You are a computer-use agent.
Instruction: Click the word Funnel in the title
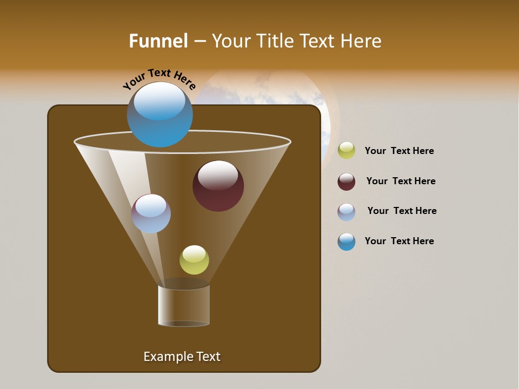(158, 41)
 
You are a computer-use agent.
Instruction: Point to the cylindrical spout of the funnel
(184, 306)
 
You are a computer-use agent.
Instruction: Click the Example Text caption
(182, 357)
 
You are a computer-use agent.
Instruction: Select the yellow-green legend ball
(347, 151)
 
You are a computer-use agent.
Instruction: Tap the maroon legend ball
(347, 182)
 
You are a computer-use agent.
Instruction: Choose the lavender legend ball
(347, 212)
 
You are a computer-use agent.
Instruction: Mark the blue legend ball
(347, 242)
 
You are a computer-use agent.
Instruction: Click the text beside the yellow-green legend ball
(399, 151)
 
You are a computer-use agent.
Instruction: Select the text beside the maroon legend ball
(401, 182)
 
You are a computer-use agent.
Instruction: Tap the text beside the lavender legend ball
(402, 211)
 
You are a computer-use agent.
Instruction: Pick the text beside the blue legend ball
(399, 242)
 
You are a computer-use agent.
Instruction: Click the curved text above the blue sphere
(159, 78)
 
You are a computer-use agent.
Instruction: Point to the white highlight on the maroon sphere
(218, 174)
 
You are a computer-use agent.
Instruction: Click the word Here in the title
(363, 41)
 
